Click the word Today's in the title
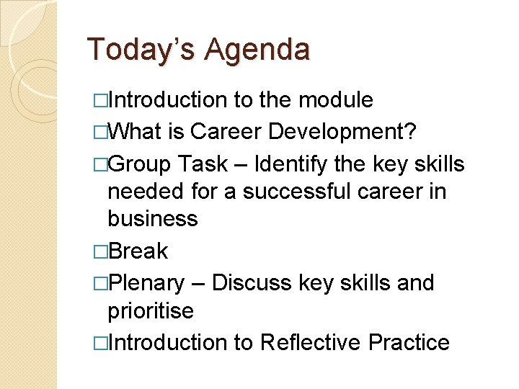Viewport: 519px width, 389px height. [x=141, y=50]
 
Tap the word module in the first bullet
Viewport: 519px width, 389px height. [x=335, y=100]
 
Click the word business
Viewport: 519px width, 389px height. [x=152, y=218]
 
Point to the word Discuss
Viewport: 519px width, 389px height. [x=252, y=283]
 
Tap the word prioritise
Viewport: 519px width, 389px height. [x=151, y=310]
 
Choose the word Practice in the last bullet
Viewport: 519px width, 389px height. [x=409, y=342]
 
